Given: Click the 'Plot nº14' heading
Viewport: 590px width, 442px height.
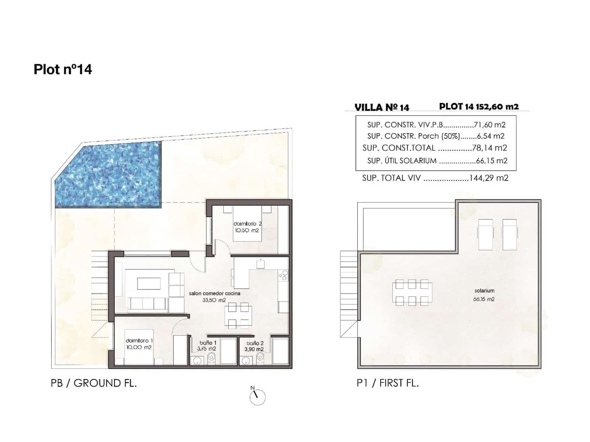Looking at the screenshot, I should point(63,69).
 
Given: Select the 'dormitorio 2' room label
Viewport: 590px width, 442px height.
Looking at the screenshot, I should point(247,224).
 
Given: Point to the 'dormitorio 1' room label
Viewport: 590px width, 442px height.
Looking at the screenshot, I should point(139,341).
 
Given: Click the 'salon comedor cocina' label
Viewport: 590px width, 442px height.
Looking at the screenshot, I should point(214,294).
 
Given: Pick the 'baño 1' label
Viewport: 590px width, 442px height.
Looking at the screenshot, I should point(208,343).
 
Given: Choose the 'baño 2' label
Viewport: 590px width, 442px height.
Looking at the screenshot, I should point(255,343).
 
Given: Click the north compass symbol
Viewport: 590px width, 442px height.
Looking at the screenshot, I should point(257,397).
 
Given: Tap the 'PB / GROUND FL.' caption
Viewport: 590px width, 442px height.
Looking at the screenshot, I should point(94,383).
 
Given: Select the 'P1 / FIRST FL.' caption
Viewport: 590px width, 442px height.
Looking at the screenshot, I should point(388,383).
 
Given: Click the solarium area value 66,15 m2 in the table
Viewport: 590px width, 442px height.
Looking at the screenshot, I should point(492,161).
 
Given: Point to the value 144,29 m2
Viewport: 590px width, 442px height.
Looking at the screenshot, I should point(489,178).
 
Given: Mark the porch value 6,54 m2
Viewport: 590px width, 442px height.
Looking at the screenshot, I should point(490,136).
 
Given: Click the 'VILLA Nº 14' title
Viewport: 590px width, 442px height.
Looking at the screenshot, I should point(382,107).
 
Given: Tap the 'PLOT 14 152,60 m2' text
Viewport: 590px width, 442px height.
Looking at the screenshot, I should point(479,106).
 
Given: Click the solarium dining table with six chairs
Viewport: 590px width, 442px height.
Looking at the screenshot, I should point(412,293).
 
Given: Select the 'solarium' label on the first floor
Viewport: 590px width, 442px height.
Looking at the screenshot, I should point(484,291).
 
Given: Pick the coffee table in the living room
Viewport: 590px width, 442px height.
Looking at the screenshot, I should point(149,284).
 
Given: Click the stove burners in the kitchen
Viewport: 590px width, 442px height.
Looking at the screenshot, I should point(283,275).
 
